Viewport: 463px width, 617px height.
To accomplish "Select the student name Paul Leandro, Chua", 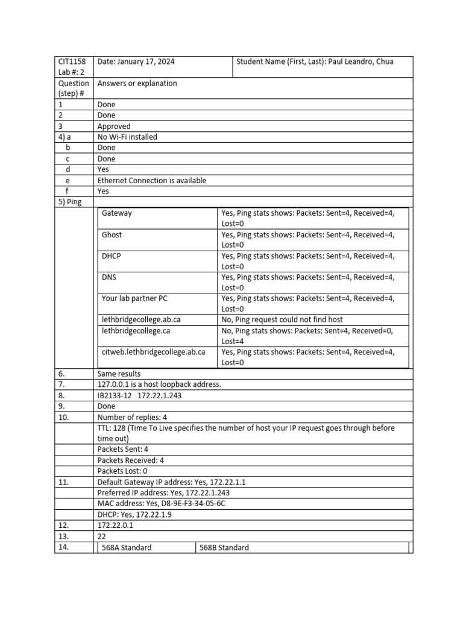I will [x=361, y=61].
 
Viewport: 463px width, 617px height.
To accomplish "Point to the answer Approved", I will [x=114, y=127].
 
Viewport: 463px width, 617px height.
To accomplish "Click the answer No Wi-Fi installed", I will [x=127, y=137].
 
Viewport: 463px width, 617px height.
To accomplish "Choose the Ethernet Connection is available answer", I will [x=151, y=180].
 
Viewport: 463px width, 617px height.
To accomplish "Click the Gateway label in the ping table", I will [x=117, y=213].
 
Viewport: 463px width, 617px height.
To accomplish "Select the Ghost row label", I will [x=112, y=234].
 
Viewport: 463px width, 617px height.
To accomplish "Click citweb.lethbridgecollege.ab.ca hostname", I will [x=154, y=352].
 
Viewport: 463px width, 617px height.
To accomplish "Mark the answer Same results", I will [x=119, y=374].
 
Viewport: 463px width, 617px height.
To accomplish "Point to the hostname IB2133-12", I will [x=115, y=395].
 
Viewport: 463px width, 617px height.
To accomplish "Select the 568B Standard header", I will [x=224, y=547].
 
